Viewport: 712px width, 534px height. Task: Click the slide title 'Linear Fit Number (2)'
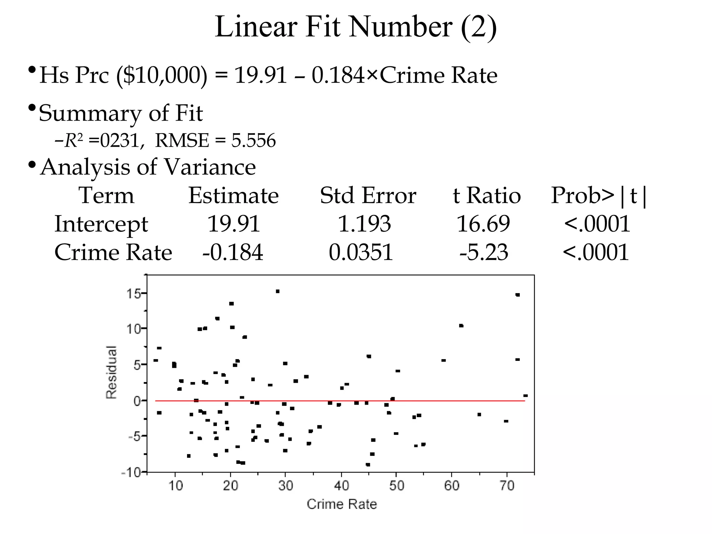pyautogui.click(x=356, y=27)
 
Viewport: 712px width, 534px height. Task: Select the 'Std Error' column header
pyautogui.click(x=368, y=195)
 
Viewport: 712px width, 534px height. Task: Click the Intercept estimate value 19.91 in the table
pyautogui.click(x=234, y=224)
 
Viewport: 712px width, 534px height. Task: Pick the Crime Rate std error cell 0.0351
pyautogui.click(x=361, y=252)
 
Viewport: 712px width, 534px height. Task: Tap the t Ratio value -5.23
pyautogui.click(x=484, y=252)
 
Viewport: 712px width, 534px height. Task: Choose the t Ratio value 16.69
pyautogui.click(x=483, y=224)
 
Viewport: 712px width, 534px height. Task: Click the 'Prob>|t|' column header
pyautogui.click(x=599, y=196)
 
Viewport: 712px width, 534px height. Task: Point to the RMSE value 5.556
pyautogui.click(x=253, y=140)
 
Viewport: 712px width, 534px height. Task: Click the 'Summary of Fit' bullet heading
pyautogui.click(x=121, y=113)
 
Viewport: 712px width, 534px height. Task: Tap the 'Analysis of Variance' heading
pyautogui.click(x=148, y=167)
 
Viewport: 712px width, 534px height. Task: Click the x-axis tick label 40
pyautogui.click(x=341, y=485)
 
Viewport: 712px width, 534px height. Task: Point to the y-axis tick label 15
pyautogui.click(x=133, y=294)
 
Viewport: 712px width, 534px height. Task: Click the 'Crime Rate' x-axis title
pyautogui.click(x=342, y=504)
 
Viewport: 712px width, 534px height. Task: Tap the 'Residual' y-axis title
pyautogui.click(x=111, y=372)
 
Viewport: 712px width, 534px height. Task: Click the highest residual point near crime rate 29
pyautogui.click(x=278, y=291)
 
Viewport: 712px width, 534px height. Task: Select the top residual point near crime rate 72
pyautogui.click(x=518, y=295)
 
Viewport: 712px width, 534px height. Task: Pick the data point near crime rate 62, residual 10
pyautogui.click(x=461, y=326)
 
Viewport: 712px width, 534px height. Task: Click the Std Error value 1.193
pyautogui.click(x=364, y=224)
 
